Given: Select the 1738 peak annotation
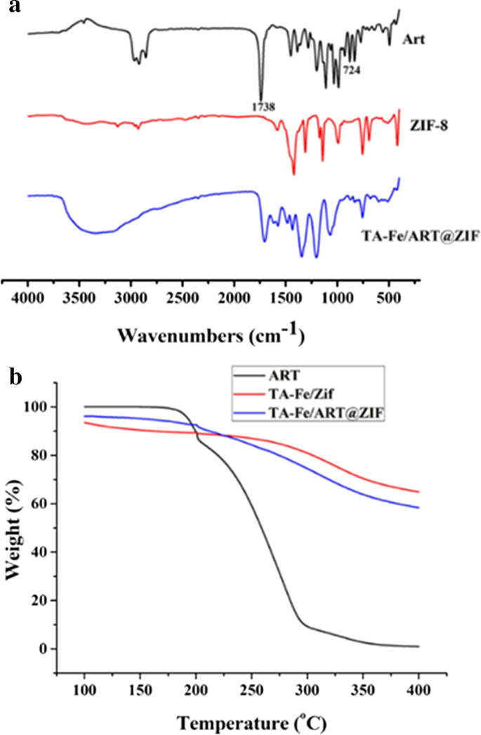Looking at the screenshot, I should click(261, 106).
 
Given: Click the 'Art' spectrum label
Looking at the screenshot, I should click(416, 39).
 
